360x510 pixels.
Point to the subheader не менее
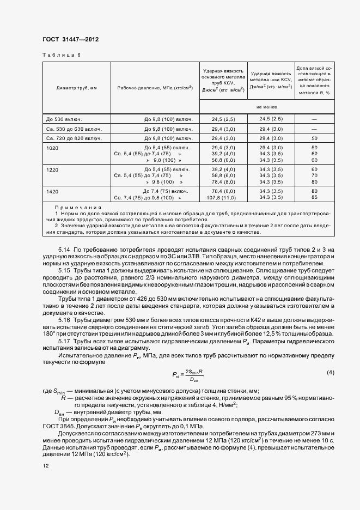[x=267, y=107]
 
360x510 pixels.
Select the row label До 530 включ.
[x=64, y=119]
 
